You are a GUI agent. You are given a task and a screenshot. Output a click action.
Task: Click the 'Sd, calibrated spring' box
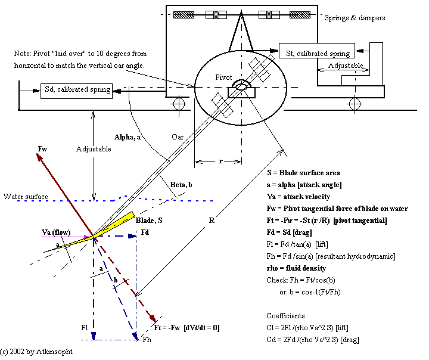pyautogui.click(x=77, y=89)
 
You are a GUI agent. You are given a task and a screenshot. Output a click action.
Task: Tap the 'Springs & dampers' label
pyautogui.click(x=354, y=18)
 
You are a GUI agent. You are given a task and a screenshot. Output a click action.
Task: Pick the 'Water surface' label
pyautogui.click(x=25, y=196)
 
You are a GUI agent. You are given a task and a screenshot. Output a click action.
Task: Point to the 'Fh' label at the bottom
pyautogui.click(x=148, y=340)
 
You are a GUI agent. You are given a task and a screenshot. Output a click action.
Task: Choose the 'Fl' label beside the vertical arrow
pyautogui.click(x=85, y=327)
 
